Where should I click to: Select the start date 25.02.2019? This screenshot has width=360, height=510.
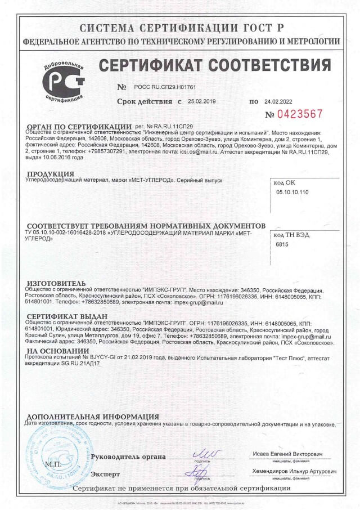[202, 102]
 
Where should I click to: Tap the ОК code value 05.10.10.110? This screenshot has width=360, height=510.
[293, 192]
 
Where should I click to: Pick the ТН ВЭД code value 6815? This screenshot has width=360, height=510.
[281, 244]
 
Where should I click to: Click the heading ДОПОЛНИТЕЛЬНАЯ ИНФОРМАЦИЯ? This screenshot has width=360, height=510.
[92, 417]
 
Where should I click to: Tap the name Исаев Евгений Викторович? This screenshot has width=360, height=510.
[296, 454]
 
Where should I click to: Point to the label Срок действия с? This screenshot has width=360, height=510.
[149, 102]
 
